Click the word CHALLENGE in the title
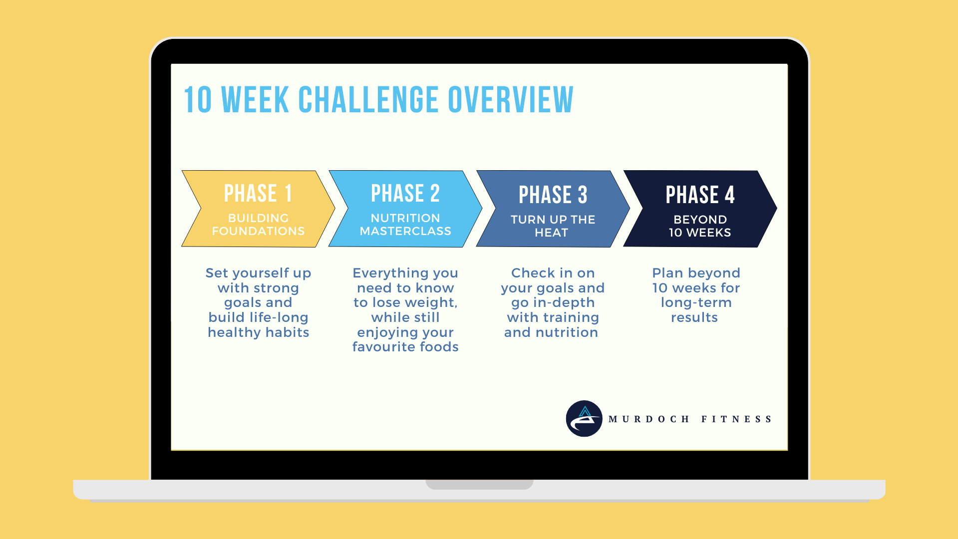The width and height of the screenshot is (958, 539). pos(368,100)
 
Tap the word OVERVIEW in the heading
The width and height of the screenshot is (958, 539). pos(511,100)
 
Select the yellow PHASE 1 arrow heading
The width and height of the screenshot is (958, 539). pos(258,193)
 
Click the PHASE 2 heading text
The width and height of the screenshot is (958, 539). pos(405,193)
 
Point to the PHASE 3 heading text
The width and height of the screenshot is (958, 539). pos(553,195)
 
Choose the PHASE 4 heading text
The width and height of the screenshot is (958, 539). pos(700,195)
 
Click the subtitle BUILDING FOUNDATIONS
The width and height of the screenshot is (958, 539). pos(258,225)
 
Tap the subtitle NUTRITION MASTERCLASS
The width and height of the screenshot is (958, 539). pos(405,225)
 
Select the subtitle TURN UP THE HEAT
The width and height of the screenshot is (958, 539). pos(553,226)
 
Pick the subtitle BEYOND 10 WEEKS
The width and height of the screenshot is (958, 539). pos(700,226)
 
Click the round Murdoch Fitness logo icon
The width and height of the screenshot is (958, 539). pos(584,419)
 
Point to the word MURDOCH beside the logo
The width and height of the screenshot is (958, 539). pos(649,419)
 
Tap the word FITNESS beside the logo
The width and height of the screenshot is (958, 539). pos(736,419)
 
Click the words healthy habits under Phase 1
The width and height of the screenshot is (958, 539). pos(259,332)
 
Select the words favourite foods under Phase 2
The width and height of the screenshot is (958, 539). pos(405,347)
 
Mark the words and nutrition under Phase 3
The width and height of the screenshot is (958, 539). pos(551,332)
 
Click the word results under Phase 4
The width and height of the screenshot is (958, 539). pos(694,317)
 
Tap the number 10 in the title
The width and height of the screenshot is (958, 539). pos(198,100)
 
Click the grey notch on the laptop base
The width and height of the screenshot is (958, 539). pos(479,484)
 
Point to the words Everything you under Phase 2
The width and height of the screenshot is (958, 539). pos(405,273)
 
